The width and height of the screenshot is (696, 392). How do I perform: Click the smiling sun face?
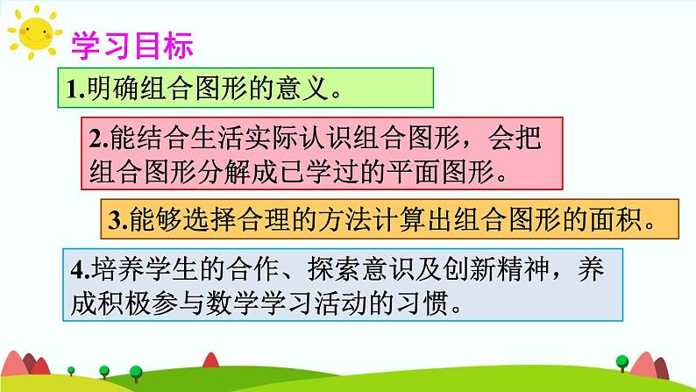click(x=33, y=35)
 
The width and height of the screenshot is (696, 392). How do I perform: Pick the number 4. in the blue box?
click(x=80, y=272)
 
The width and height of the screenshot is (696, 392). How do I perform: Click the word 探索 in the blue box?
click(x=329, y=272)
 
